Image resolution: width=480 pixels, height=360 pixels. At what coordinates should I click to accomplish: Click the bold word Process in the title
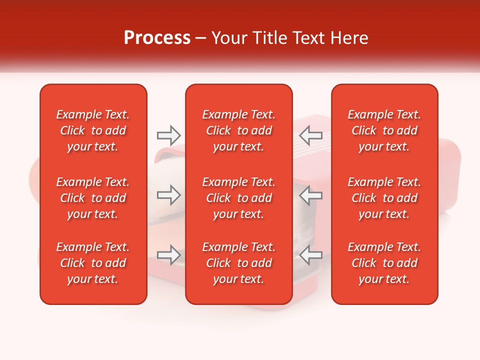point(157,38)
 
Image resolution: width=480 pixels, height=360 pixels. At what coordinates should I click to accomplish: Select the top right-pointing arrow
point(168,135)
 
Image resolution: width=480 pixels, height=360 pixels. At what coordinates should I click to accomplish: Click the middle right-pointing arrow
point(168,195)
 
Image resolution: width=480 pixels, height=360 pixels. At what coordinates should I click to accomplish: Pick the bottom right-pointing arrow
point(168,255)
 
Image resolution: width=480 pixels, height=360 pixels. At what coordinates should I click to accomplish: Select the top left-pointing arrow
point(310,135)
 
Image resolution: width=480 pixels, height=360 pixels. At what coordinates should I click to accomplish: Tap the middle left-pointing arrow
point(310,195)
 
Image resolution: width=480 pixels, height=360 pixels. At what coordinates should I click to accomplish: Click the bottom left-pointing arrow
point(310,255)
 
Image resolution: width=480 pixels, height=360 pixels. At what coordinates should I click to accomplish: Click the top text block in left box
point(93,130)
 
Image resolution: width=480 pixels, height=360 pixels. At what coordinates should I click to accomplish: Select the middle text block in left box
point(93,198)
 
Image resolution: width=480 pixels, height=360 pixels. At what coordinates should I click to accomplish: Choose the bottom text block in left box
point(93,263)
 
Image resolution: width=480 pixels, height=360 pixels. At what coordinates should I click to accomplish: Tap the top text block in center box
point(238,130)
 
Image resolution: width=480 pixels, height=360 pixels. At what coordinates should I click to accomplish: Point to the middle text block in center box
point(238,198)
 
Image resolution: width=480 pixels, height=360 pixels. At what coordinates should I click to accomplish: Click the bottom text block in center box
point(238,263)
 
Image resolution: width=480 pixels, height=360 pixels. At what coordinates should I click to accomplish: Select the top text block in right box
point(384,130)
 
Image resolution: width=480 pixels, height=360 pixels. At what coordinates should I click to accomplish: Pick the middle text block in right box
point(384,198)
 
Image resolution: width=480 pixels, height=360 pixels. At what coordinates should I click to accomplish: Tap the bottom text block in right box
point(384,263)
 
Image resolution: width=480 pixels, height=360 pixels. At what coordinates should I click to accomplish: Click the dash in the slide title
point(201,38)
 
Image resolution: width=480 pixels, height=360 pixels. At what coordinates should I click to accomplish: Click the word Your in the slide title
point(228,38)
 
